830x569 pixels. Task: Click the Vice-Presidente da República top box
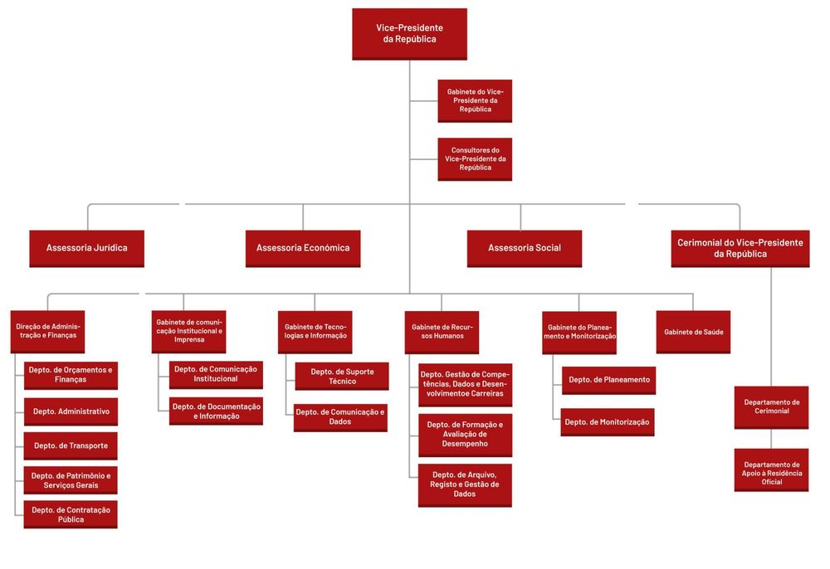[x=409, y=34]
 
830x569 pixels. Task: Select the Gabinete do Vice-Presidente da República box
[x=475, y=100]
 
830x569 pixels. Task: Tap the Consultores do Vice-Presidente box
[x=475, y=158]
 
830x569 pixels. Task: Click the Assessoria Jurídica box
[x=86, y=248]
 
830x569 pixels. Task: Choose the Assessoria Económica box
[x=302, y=248]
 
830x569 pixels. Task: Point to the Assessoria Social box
[x=524, y=248]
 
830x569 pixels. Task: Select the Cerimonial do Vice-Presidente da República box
[x=740, y=248]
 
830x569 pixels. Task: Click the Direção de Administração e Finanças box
[x=48, y=331]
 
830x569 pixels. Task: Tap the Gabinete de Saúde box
[x=693, y=331]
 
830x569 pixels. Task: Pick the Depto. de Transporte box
[x=71, y=445]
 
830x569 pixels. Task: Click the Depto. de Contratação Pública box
[x=71, y=514]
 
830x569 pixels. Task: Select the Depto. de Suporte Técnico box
[x=342, y=376]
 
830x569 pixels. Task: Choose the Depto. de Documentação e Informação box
[x=216, y=411]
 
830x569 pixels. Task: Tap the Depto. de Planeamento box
[x=608, y=380]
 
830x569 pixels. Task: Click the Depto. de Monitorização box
[x=608, y=421]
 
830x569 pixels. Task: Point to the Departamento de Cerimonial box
[x=771, y=406]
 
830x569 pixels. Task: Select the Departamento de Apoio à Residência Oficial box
[x=771, y=469]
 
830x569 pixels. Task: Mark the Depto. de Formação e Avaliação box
[x=465, y=435]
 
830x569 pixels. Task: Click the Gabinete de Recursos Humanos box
[x=442, y=331]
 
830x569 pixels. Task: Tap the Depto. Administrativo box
[x=71, y=411]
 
